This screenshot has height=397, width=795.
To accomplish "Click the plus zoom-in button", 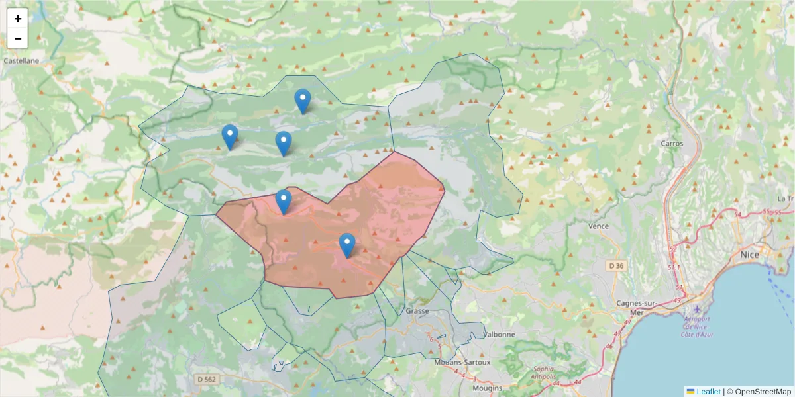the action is (x=18, y=19).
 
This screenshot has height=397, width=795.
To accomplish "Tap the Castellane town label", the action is (x=21, y=60).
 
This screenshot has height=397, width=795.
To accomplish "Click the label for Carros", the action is (x=672, y=143).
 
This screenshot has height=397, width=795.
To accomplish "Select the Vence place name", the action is (x=598, y=226).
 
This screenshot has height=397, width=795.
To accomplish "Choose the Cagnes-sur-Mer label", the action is (x=637, y=308).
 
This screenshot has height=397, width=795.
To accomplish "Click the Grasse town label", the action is (x=417, y=310).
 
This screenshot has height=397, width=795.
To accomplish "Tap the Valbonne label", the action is (x=499, y=335).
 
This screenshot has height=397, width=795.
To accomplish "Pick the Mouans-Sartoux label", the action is (x=462, y=363).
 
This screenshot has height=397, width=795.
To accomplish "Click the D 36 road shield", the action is (x=616, y=266).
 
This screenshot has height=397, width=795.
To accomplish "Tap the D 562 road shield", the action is (x=207, y=379).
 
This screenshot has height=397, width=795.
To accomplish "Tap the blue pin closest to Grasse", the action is (x=347, y=245).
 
